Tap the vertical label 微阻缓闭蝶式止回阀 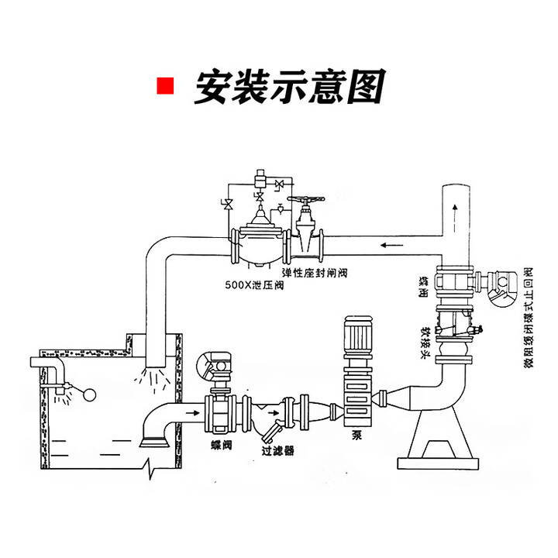pos(528,319)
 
